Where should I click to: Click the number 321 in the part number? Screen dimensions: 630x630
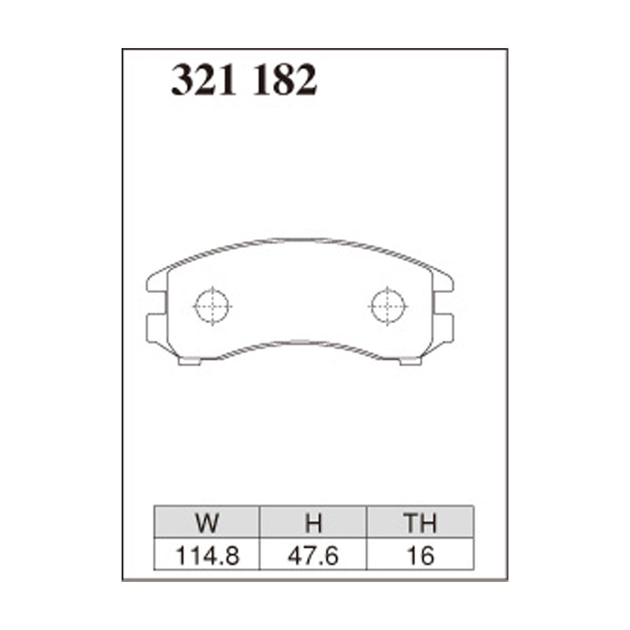point(205,80)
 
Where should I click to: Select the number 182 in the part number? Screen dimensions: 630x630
point(284,80)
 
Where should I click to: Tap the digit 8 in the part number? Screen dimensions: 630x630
point(284,80)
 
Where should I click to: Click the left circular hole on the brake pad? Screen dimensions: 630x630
point(212,305)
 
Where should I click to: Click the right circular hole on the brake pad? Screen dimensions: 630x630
point(389,305)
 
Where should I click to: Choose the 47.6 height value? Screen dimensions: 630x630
point(313,555)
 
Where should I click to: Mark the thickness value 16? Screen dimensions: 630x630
point(420,555)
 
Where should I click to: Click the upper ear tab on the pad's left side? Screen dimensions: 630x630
point(157,280)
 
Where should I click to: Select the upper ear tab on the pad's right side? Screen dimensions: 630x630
point(443,280)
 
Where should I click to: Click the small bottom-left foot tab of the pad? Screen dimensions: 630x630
point(191,361)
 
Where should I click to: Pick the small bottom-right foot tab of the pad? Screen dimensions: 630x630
point(409,361)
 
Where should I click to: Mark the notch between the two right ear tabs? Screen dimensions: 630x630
point(439,303)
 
